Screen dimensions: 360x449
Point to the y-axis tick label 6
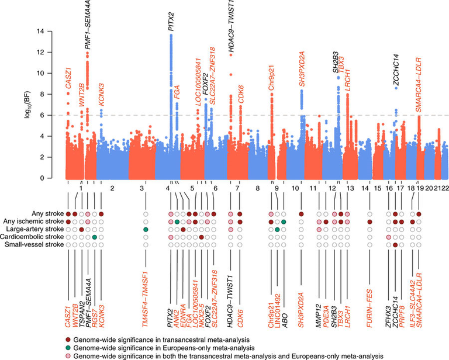57,115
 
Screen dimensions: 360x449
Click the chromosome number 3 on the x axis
142,188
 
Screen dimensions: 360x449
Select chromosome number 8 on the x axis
257,188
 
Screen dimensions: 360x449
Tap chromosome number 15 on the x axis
377,188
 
